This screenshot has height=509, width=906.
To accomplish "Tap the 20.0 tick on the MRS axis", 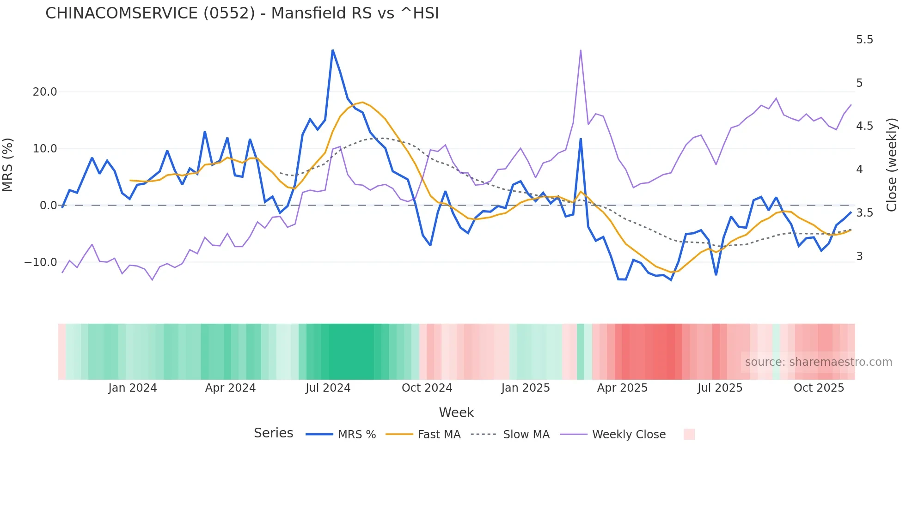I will click(45, 92).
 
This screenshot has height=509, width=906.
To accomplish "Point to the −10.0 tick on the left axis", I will click(41, 262).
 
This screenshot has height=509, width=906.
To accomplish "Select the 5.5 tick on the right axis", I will click(864, 40).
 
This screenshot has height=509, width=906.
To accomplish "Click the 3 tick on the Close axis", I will click(859, 256).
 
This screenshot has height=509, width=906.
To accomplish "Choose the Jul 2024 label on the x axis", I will click(328, 388).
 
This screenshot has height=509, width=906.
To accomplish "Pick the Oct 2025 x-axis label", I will click(819, 388).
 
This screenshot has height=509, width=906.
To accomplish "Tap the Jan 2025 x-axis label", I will click(525, 388).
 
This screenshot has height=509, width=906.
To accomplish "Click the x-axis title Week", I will click(456, 412).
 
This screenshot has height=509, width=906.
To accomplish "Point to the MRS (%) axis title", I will click(8, 164).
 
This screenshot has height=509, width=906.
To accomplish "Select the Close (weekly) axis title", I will click(892, 164).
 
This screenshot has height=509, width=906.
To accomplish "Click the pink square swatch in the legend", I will click(689, 434).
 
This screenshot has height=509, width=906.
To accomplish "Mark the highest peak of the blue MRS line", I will click(332, 50).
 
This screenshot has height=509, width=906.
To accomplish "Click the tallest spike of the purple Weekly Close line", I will click(581, 50).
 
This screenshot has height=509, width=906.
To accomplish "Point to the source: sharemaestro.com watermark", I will click(818, 362).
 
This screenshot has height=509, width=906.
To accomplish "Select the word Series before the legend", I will click(273, 433).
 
